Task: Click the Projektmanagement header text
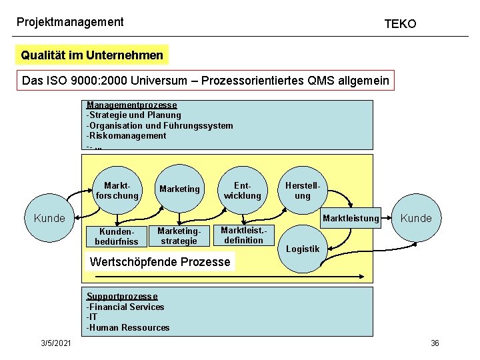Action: pos(70,22)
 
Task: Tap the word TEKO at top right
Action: pos(400,24)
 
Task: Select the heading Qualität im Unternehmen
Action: pos(92,55)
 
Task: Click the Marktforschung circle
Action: pos(117,190)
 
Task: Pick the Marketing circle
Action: pos(179,189)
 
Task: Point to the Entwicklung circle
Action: pos(242,190)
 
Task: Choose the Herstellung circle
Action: pos(303,190)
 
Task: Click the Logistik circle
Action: pos(303,249)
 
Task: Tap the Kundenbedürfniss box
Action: pos(117,236)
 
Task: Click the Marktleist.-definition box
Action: pos(243,235)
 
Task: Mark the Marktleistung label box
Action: pos(351,218)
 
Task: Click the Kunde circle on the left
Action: pos(49,218)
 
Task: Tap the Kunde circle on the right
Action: pos(416,218)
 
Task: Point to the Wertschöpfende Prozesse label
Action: pos(160,261)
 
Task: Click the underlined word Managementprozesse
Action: pos(132,105)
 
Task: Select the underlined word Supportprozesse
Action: pos(122,297)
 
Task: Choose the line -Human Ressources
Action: pos(128,327)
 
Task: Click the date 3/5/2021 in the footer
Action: pos(57,343)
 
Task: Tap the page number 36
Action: pos(435,343)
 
